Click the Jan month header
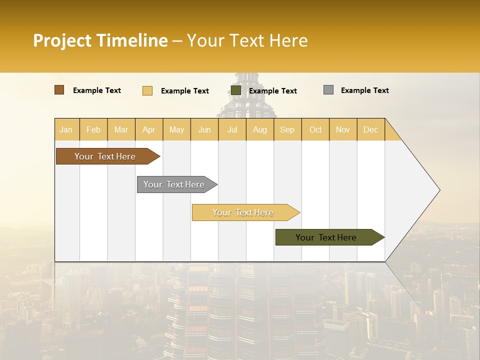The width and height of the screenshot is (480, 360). click(x=66, y=129)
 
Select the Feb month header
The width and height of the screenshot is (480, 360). click(x=93, y=129)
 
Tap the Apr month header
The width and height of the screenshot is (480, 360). click(x=149, y=129)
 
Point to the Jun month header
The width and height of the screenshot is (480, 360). click(x=204, y=129)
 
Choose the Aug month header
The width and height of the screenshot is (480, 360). click(x=260, y=129)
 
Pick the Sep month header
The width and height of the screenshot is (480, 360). click(x=287, y=129)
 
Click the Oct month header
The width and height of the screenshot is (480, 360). click(x=315, y=129)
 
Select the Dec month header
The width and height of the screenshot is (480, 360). click(x=371, y=129)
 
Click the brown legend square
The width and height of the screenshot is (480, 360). click(x=59, y=90)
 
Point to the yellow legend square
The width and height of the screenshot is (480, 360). click(x=147, y=90)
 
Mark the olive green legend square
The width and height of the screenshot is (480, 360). click(x=236, y=90)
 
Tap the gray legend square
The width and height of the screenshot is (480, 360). click(x=328, y=90)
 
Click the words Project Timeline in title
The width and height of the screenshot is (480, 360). click(x=100, y=40)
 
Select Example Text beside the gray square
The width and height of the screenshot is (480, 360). click(x=365, y=90)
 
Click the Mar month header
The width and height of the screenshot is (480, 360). click(x=121, y=129)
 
